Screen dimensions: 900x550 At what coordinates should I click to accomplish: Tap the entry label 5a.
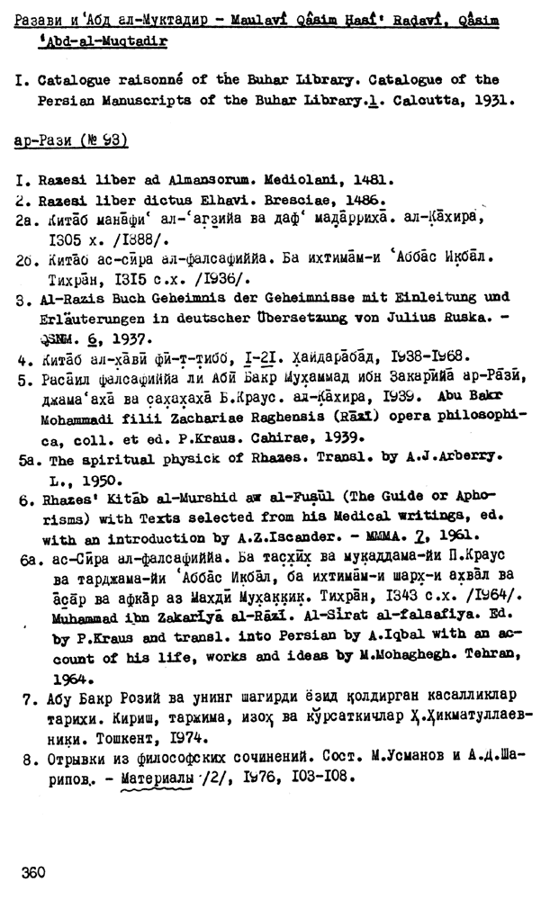tap(25, 457)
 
